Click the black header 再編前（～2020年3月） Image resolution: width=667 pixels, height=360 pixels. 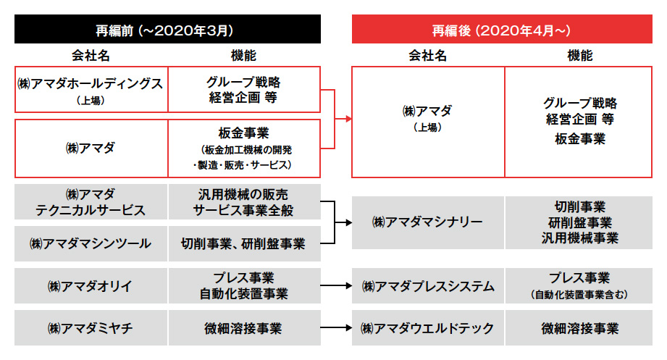click(167, 29)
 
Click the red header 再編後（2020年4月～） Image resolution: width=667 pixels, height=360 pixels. click(502, 29)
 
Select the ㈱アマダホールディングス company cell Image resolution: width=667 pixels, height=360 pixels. click(91, 89)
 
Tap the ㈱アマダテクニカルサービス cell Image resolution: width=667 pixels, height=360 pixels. click(91, 201)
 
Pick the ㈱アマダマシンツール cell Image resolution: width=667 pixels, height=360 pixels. click(91, 243)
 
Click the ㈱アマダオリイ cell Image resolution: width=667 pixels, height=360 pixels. click(91, 285)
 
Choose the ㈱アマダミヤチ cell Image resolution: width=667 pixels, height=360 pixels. click(91, 327)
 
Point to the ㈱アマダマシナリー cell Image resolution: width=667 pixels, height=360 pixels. click(427, 222)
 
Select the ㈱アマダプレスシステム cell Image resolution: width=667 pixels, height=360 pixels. click(427, 285)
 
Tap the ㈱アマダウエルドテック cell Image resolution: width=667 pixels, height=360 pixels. click(427, 327)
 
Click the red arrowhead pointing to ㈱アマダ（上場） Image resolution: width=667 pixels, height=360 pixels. click(348, 119)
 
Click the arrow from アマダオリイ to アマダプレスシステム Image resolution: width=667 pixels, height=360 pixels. click(336, 285)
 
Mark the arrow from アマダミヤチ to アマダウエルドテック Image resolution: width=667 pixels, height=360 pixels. click(336, 327)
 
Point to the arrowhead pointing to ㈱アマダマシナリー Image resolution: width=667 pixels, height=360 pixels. click(348, 222)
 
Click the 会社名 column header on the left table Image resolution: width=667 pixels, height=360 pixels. click(91, 55)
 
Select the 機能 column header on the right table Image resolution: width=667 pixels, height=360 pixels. click(580, 55)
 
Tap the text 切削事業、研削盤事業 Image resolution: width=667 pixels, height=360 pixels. click(243, 244)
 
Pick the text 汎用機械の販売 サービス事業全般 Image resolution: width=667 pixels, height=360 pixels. click(243, 202)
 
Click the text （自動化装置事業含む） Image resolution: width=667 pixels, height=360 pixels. click(579, 295)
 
